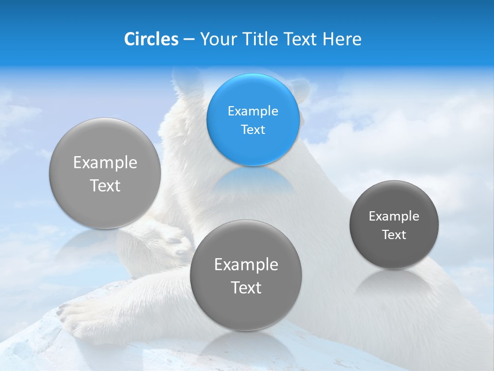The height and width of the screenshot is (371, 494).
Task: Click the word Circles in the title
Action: tap(151, 39)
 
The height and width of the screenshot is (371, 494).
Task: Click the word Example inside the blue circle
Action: tap(253, 111)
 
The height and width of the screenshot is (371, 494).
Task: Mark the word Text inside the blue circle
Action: tap(253, 129)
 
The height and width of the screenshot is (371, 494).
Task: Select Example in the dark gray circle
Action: tap(394, 216)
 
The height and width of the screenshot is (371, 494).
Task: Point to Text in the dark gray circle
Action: tap(394, 234)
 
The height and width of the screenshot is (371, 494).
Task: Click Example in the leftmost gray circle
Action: tap(105, 162)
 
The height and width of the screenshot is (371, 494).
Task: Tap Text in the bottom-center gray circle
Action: tap(246, 287)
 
